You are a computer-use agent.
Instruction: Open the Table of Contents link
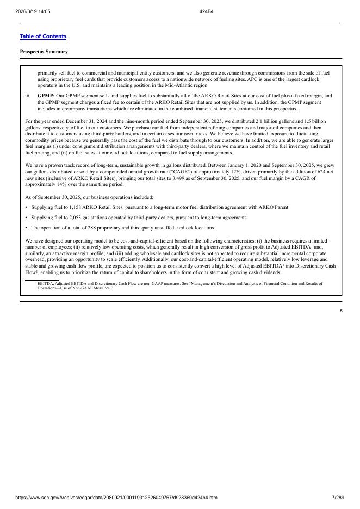tap(43, 36)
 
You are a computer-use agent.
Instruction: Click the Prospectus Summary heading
tap(44, 52)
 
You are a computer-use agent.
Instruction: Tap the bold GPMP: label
tap(46, 96)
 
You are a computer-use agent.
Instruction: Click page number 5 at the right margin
tap(341, 311)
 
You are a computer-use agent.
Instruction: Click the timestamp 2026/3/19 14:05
tap(33, 11)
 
